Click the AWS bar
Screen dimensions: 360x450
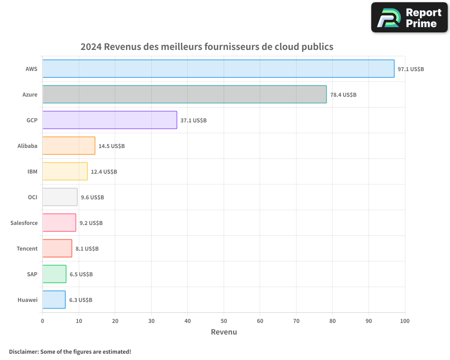pyautogui.click(x=218, y=69)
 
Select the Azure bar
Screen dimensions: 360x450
pyautogui.click(x=184, y=94)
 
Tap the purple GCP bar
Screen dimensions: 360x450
pyautogui.click(x=110, y=120)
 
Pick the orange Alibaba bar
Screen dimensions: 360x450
pyautogui.click(x=69, y=146)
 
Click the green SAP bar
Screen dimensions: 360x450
pyautogui.click(x=54, y=274)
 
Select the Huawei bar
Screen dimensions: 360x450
pyautogui.click(x=54, y=300)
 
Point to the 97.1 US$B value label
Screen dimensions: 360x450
pyautogui.click(x=410, y=69)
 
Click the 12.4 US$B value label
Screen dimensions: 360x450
pyautogui.click(x=104, y=172)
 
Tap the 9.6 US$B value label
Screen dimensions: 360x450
pyautogui.click(x=92, y=198)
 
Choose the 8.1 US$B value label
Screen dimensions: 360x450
pyautogui.click(x=87, y=249)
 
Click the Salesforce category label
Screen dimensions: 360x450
pyautogui.click(x=24, y=223)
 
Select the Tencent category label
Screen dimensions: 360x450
pyautogui.click(x=27, y=248)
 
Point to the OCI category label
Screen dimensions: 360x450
pyautogui.click(x=32, y=197)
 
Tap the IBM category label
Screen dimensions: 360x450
pyautogui.click(x=32, y=171)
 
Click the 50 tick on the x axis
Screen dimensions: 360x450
pyautogui.click(x=224, y=321)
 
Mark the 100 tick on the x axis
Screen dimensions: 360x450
pyautogui.click(x=405, y=321)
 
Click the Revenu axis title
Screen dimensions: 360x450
pyautogui.click(x=224, y=332)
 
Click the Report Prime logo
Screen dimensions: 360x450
pyautogui.click(x=409, y=18)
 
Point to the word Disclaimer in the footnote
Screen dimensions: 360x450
pyautogui.click(x=23, y=351)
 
